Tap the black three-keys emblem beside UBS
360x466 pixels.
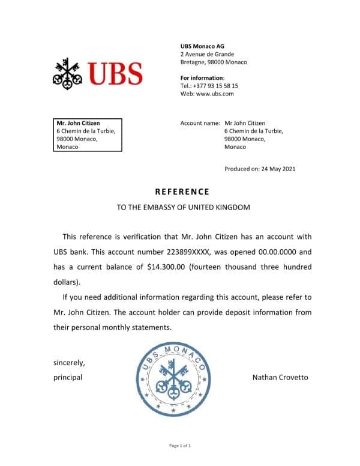tap(68, 73)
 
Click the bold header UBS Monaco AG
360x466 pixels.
tap(203, 47)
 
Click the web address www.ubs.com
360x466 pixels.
tap(215, 94)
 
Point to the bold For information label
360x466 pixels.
tap(202, 78)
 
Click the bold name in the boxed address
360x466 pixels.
tap(78, 123)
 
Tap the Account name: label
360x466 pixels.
tap(200, 123)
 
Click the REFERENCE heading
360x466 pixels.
tap(182, 192)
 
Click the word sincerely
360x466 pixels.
tap(69, 363)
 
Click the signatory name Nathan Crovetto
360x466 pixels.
tap(280, 378)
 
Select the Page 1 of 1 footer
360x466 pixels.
tap(180, 446)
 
